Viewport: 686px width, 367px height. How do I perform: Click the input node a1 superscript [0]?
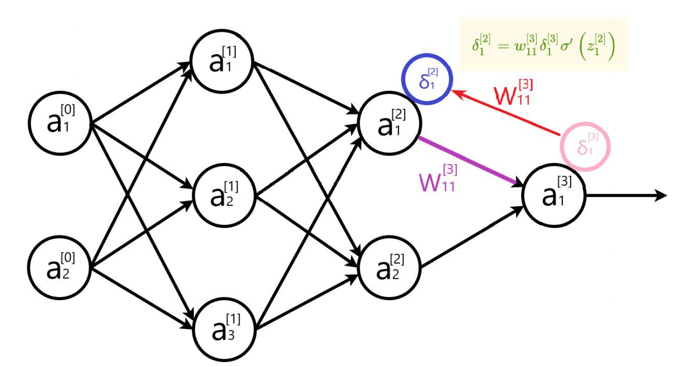coord(60,121)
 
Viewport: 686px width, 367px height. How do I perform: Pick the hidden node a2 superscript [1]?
coord(223,195)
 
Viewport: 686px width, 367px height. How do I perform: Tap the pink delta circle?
coord(585,146)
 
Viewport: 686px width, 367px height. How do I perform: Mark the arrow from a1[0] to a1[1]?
coord(139,91)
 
